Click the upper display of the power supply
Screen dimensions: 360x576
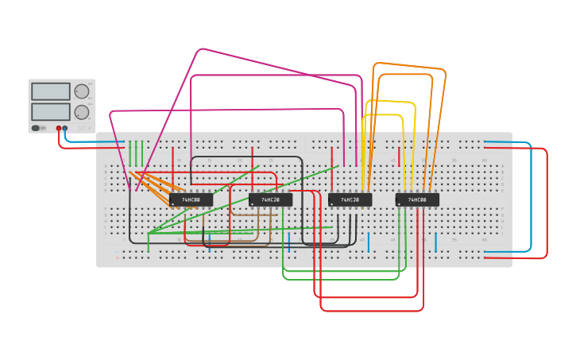(x=50, y=91)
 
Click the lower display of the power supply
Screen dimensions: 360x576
(x=50, y=111)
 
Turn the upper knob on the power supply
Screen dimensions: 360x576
(x=81, y=91)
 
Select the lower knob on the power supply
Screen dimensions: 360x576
(x=81, y=112)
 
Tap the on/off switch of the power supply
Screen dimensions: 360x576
(x=36, y=128)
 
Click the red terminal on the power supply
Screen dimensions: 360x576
(x=58, y=128)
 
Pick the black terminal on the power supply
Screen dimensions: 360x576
(x=65, y=128)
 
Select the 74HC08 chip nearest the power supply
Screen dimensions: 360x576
(x=191, y=199)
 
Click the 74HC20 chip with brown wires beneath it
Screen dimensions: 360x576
(x=270, y=199)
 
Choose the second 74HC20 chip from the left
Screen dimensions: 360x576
(x=350, y=199)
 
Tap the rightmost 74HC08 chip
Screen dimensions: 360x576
(x=417, y=199)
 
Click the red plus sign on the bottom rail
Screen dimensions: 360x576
(x=117, y=257)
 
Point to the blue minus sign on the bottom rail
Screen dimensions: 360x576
(x=117, y=250)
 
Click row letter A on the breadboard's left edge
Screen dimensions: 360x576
(x=106, y=168)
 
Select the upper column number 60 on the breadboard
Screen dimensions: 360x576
(x=484, y=161)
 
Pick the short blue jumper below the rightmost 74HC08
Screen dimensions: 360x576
(x=435, y=242)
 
